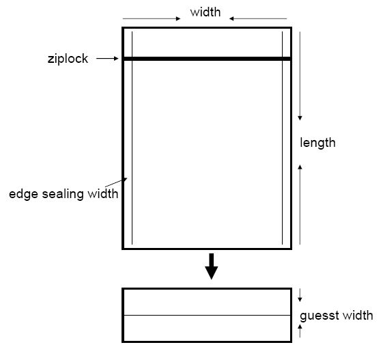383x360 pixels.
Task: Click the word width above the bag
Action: point(205,12)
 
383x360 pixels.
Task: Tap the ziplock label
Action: point(68,59)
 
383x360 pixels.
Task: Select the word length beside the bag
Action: point(317,143)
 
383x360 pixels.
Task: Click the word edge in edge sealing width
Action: point(23,194)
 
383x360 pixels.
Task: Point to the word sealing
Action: point(63,194)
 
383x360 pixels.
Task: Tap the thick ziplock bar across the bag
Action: point(207,59)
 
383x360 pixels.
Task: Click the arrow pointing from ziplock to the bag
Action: point(107,59)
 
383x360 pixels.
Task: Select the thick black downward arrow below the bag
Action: point(211,266)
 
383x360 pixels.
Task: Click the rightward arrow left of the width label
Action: point(152,18)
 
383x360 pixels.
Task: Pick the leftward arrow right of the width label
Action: point(258,18)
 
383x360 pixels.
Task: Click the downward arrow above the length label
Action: point(300,76)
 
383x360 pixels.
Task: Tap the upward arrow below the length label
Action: point(300,204)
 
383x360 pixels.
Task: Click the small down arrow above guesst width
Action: point(300,295)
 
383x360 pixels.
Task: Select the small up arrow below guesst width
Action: point(300,331)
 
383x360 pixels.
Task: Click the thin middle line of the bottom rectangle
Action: point(207,316)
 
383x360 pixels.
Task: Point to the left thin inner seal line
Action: point(132,138)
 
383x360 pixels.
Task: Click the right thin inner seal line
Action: point(283,138)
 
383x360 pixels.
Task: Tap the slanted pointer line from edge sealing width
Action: point(116,182)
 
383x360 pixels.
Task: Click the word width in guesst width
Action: point(358,316)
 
